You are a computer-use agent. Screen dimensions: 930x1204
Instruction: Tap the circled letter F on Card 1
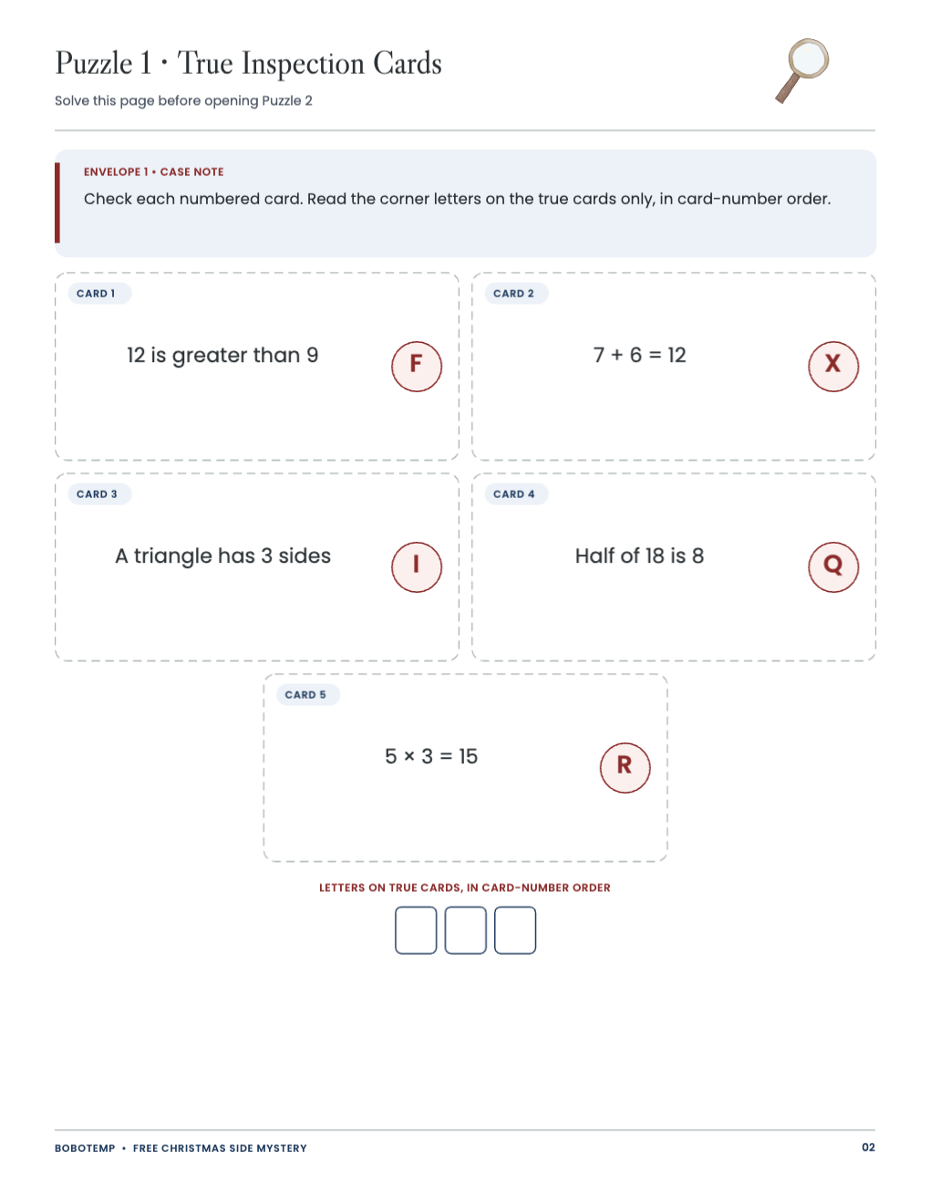(417, 367)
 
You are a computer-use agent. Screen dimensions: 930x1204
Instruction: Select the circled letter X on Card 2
(833, 367)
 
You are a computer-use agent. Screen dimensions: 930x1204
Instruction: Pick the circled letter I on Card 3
(417, 566)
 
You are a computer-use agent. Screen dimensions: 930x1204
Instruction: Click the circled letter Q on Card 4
(833, 566)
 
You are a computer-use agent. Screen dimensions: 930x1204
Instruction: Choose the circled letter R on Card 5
(625, 767)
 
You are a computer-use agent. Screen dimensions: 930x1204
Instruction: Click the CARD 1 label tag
(99, 293)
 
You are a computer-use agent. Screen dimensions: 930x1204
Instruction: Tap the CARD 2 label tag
(517, 293)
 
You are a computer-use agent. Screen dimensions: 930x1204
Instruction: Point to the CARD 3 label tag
(99, 493)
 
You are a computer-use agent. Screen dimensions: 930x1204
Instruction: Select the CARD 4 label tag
(517, 493)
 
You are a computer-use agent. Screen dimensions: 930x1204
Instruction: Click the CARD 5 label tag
(308, 694)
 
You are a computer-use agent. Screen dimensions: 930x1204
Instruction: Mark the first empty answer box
(416, 929)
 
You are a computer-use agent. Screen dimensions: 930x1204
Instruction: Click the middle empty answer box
(465, 929)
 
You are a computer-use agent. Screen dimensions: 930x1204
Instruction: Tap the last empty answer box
(515, 929)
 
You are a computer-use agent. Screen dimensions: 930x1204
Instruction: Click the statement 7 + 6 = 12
(640, 355)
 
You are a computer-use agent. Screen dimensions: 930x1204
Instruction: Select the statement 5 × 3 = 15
(431, 756)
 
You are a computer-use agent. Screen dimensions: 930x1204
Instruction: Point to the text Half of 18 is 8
(640, 555)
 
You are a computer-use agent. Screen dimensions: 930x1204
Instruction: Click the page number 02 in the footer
(868, 1147)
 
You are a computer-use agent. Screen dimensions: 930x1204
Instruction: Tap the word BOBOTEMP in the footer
(85, 1148)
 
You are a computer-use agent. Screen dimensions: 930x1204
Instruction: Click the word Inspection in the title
(303, 64)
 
